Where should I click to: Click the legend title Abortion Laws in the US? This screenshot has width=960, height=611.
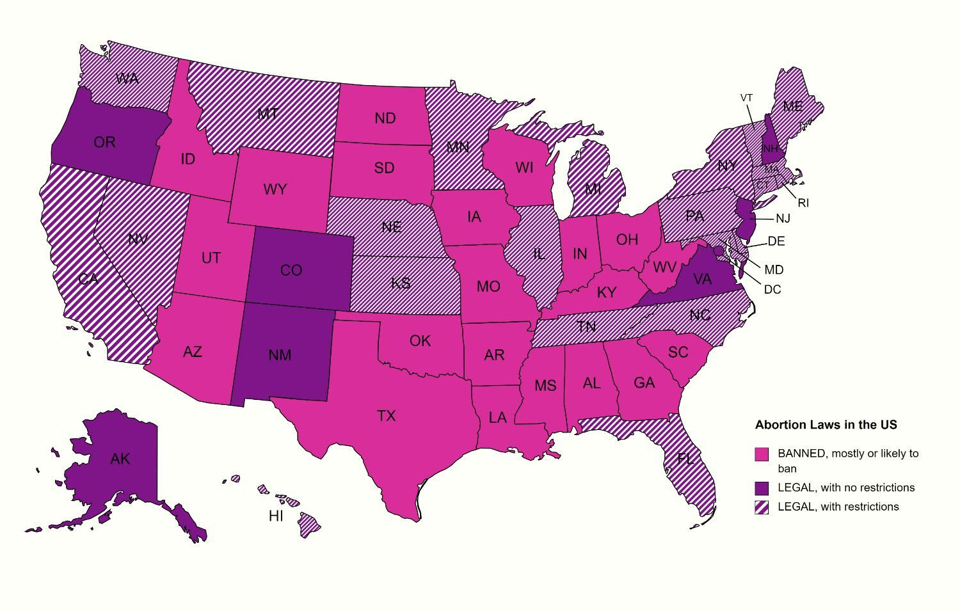(x=826, y=425)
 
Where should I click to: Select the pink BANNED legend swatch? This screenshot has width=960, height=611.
(x=762, y=454)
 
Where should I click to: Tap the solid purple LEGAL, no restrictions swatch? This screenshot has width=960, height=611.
(x=762, y=488)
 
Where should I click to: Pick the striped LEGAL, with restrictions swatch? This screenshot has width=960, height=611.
(x=762, y=507)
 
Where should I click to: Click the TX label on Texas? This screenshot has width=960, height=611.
(x=386, y=417)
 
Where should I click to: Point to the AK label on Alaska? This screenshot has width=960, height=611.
(x=120, y=459)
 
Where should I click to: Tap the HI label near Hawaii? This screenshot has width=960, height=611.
(x=276, y=516)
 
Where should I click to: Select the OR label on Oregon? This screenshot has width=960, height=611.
(x=104, y=142)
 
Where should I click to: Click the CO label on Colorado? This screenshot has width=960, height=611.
(x=291, y=271)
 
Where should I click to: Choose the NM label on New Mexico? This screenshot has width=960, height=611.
(x=280, y=355)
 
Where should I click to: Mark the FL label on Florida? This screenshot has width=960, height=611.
(x=685, y=459)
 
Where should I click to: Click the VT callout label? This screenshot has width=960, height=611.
(x=746, y=98)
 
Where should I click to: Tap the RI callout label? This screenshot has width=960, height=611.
(x=803, y=203)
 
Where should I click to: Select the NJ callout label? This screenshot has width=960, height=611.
(x=783, y=219)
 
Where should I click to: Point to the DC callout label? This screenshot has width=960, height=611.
(x=772, y=290)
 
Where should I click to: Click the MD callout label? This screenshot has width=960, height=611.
(x=774, y=270)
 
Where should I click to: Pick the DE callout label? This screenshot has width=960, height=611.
(x=776, y=242)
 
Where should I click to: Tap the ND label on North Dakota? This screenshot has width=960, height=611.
(x=385, y=118)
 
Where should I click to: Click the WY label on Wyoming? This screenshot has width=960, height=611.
(x=275, y=190)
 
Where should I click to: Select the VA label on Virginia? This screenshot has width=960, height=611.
(x=702, y=279)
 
